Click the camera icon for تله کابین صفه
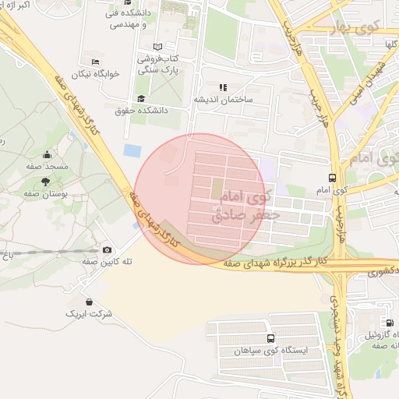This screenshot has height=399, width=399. click(x=107, y=249)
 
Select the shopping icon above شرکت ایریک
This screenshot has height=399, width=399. click(x=90, y=302)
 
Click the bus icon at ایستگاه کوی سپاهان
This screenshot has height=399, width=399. click(x=270, y=338)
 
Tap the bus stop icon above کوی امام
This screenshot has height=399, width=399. click(x=333, y=178)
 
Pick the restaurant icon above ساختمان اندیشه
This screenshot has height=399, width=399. click(x=222, y=87)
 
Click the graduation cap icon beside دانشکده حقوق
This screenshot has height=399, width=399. click(x=141, y=98)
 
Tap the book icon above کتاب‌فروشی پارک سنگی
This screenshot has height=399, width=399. click(x=158, y=47)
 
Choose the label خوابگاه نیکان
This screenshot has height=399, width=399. click(x=96, y=74)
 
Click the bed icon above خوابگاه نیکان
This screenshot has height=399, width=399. click(x=96, y=62)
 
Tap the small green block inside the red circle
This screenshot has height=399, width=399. click(x=217, y=188)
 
